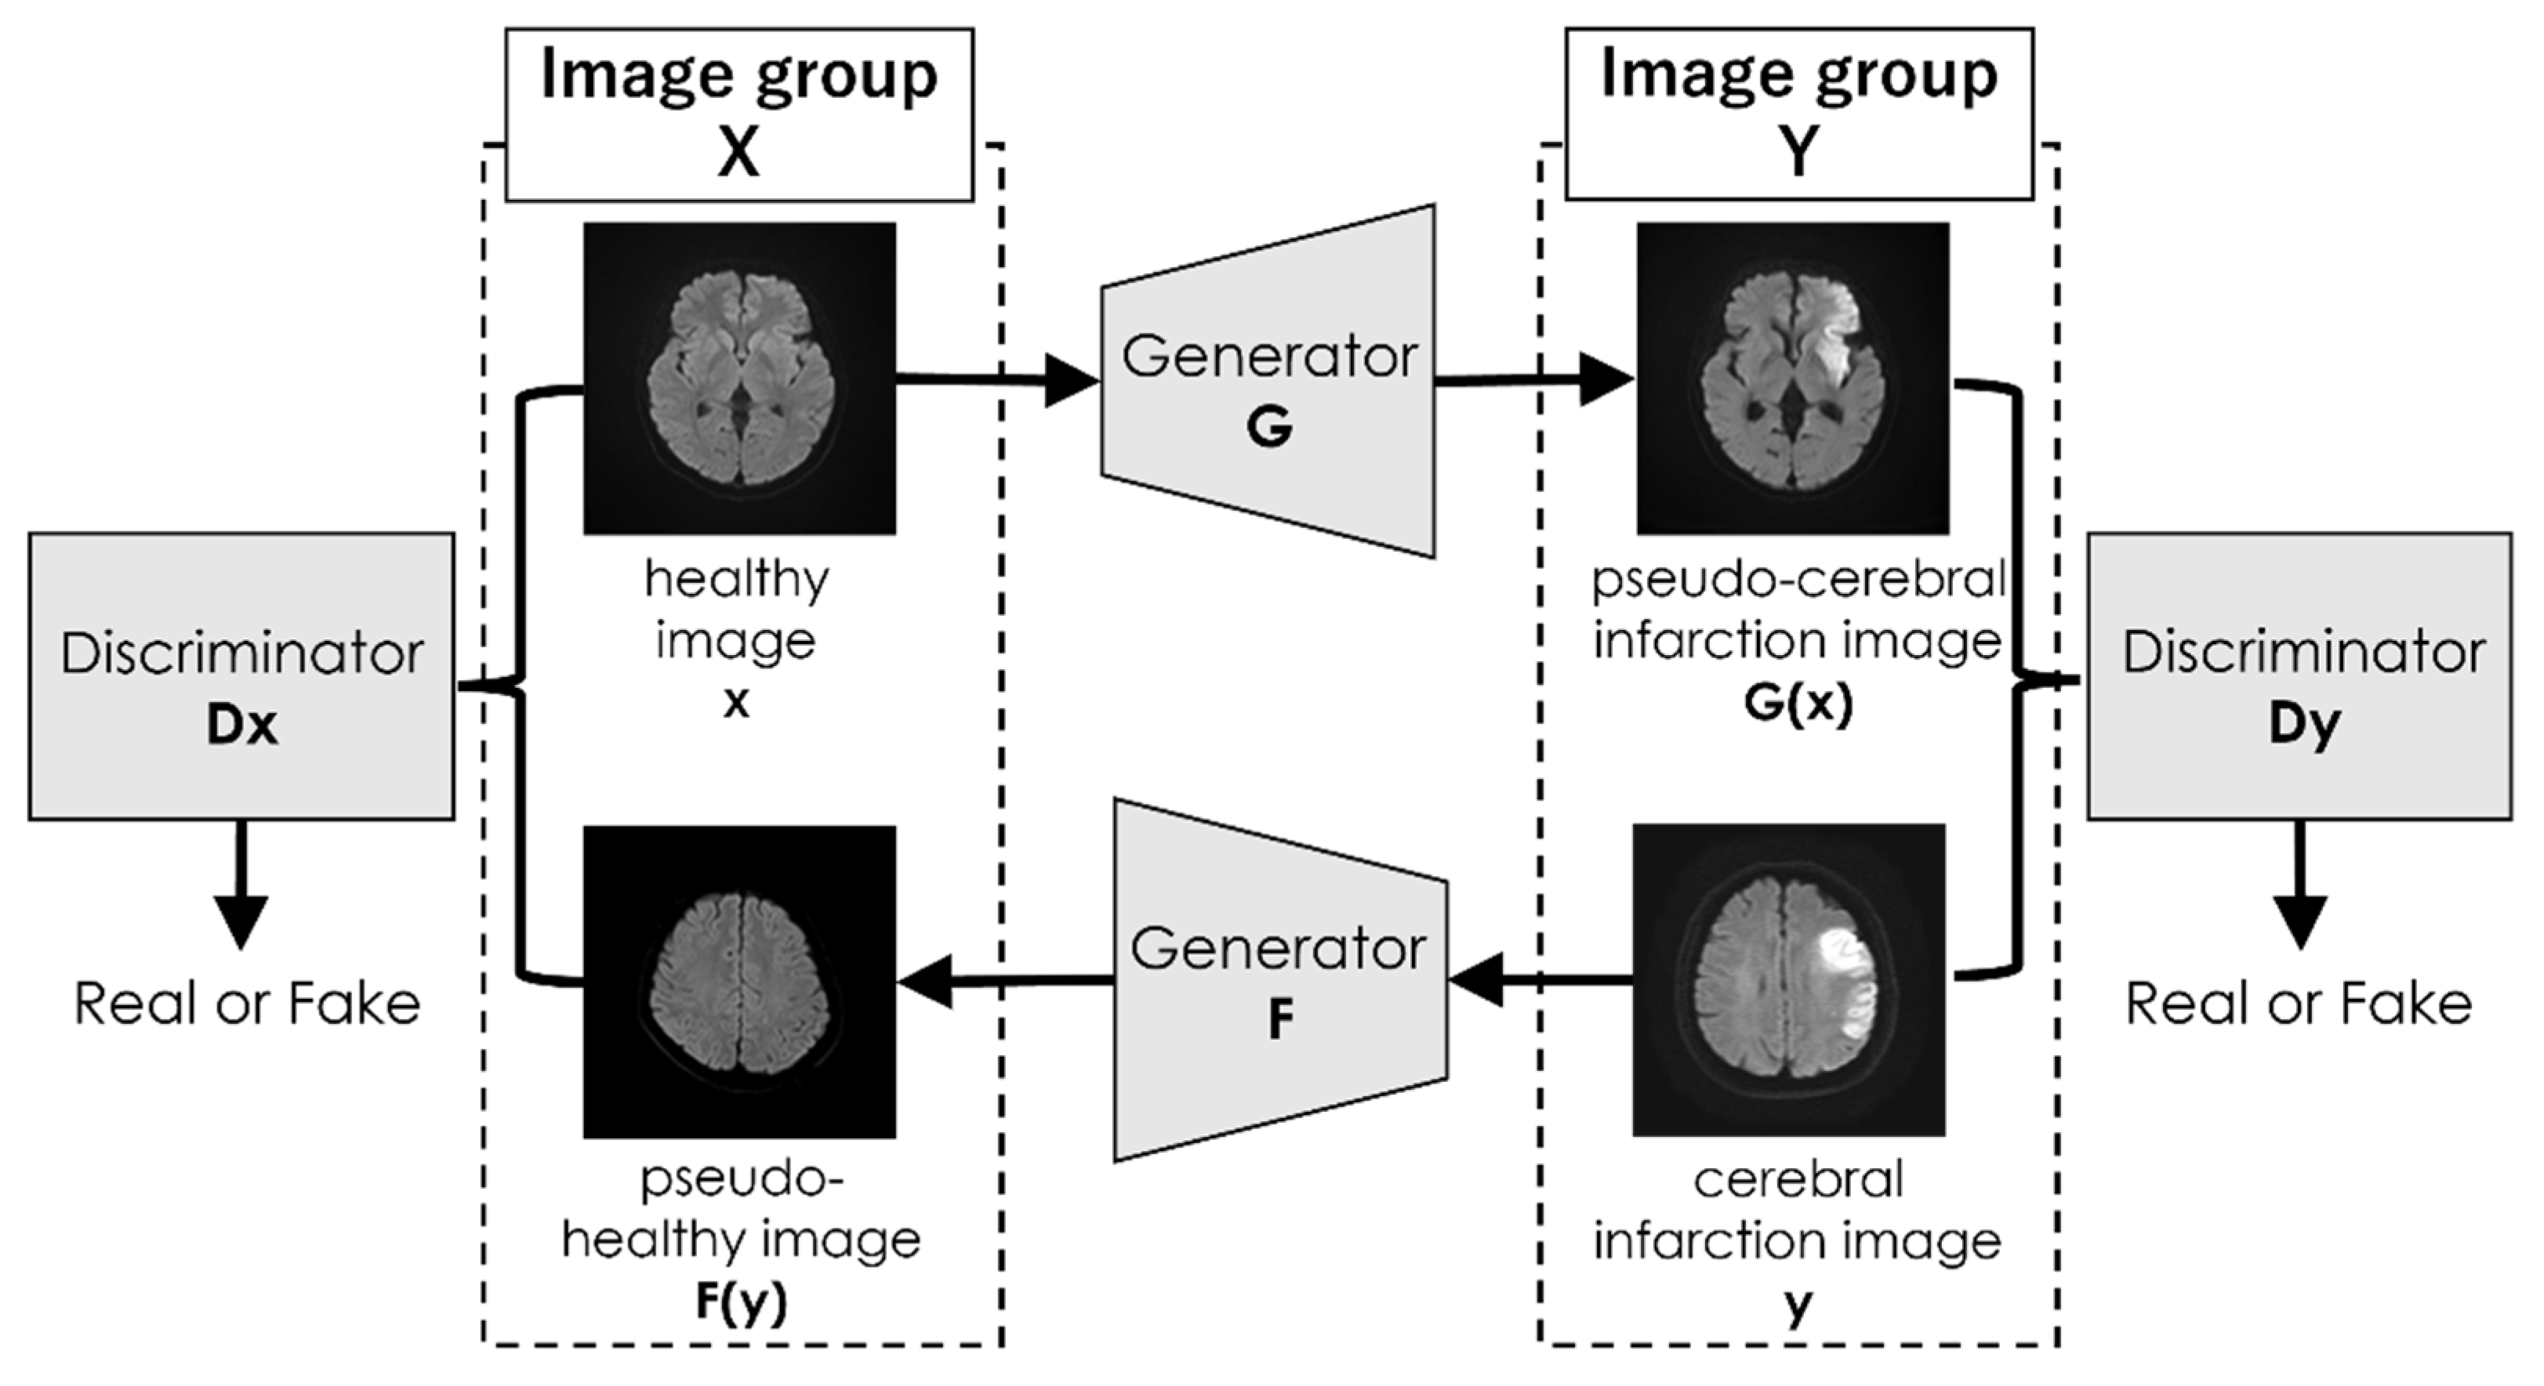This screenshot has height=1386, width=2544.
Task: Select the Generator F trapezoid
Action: click(1281, 980)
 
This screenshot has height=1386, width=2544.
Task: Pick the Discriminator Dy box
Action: click(2299, 676)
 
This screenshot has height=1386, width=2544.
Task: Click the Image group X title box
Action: click(739, 114)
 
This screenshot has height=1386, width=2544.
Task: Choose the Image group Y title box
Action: click(1798, 114)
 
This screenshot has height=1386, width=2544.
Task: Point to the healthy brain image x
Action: click(740, 378)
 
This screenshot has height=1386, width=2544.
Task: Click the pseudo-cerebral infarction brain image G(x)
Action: click(1792, 378)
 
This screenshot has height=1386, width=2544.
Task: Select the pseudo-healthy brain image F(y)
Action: click(740, 983)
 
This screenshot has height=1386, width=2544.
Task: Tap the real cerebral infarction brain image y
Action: click(1788, 980)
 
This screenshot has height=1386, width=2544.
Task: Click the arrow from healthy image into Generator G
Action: click(997, 378)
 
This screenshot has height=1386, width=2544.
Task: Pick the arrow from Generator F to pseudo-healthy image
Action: click(1007, 980)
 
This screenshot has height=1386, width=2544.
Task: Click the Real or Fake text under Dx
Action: click(247, 1005)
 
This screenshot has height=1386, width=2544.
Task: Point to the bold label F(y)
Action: click(741, 1302)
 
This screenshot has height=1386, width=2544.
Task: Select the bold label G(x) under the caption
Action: click(1798, 703)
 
